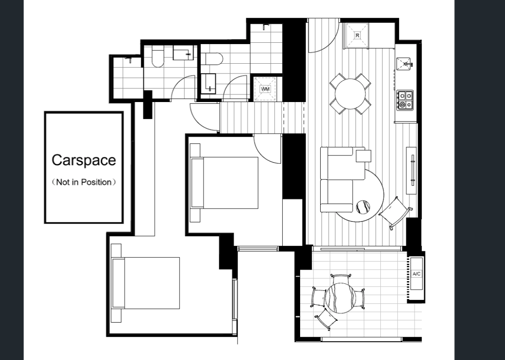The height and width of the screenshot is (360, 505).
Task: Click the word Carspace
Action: pos(84,160)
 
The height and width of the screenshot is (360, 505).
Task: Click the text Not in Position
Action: pos(84,182)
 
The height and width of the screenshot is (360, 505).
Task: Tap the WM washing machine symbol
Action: pos(265,89)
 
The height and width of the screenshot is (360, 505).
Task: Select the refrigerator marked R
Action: pos(357,36)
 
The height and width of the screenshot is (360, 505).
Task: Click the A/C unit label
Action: pos(416,274)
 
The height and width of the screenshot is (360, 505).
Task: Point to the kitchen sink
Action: pos(404,64)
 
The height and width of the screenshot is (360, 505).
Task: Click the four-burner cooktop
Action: pos(405,100)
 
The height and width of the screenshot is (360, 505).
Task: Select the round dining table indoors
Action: pos(350,94)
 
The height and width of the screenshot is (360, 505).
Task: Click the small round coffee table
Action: pos(363,207)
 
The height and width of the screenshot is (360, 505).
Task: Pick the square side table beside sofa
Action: pos(363,156)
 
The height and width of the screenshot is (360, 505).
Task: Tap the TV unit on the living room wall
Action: pos(411,171)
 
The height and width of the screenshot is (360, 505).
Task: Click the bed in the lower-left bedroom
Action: pos(145,283)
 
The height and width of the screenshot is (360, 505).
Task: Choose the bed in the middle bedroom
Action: pos(224,183)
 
